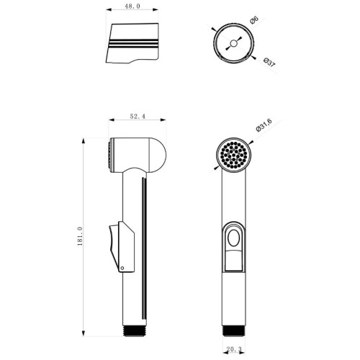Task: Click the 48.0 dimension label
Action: point(132,6)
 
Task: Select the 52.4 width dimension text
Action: point(138,117)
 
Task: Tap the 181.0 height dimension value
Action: point(80,236)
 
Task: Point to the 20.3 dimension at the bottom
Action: point(234,349)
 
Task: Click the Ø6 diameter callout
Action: point(253,20)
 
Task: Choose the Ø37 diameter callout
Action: point(269,62)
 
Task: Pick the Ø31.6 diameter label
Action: point(264,125)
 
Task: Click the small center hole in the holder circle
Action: point(233,43)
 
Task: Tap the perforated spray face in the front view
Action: point(234,155)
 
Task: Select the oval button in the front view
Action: point(233,238)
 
